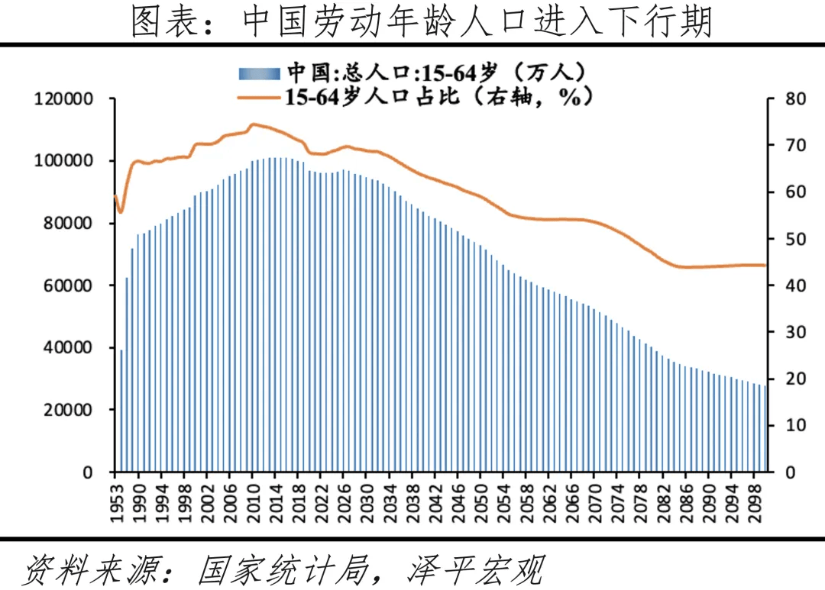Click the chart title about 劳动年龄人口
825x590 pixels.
pos(412,22)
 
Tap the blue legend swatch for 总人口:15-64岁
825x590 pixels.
pos(260,73)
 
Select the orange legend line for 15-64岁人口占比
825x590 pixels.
pos(260,97)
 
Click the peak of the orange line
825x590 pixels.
pos(254,124)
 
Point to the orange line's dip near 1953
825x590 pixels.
pos(120,211)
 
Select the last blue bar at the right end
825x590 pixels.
pos(765,428)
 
